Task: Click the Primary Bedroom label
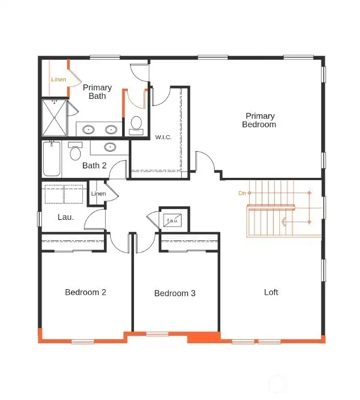(x=259, y=120)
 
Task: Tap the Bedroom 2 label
(x=85, y=292)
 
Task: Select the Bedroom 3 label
(x=175, y=293)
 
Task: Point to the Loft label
(x=271, y=292)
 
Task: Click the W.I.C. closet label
(x=164, y=137)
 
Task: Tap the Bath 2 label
(x=94, y=165)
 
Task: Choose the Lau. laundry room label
(x=65, y=217)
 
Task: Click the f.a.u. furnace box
(x=172, y=219)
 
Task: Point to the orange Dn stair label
(x=242, y=193)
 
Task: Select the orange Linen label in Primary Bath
(x=58, y=80)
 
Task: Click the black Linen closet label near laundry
(x=98, y=194)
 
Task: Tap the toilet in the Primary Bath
(x=136, y=124)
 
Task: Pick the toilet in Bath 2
(x=75, y=152)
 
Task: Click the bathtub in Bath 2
(x=51, y=159)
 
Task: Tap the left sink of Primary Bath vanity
(x=88, y=130)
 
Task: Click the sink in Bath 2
(x=110, y=147)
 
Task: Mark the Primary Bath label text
(x=97, y=91)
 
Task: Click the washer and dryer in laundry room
(x=64, y=193)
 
